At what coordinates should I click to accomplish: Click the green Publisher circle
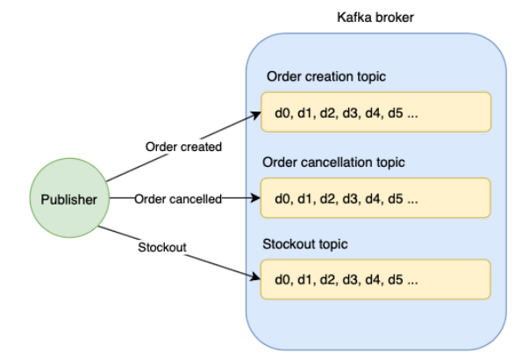pos(69,198)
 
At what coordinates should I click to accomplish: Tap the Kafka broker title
pos(375,18)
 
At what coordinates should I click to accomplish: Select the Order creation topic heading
pos(326,76)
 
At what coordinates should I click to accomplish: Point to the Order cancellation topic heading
pos(333,162)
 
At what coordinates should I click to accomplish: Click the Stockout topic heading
pos(305,244)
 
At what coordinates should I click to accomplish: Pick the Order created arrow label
pos(183,147)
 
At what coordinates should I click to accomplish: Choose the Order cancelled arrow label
pos(178,199)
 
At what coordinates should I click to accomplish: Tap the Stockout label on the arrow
pos(162,248)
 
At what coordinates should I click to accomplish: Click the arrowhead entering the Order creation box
pos(256,115)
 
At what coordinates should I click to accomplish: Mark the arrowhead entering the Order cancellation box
pos(255,198)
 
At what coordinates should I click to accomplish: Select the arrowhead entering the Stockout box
pos(256,277)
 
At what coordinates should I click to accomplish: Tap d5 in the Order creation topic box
pos(396,113)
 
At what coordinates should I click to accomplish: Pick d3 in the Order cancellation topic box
pos(351,199)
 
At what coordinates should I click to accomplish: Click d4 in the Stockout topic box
pos(373,280)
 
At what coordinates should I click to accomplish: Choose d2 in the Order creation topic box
pos(328,113)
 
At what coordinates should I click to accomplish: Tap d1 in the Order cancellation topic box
pos(305,199)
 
